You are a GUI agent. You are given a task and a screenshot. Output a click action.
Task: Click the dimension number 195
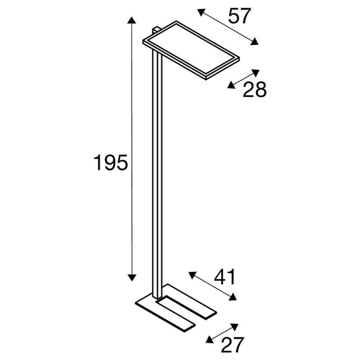(110, 162)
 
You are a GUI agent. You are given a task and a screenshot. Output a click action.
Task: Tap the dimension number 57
(239, 16)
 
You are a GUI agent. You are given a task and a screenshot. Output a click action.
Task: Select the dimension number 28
(255, 89)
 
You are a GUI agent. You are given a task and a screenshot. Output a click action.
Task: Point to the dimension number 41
(225, 277)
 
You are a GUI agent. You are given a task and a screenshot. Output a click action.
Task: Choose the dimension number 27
(232, 345)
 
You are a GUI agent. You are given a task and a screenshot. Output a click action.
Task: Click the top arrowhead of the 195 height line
(131, 20)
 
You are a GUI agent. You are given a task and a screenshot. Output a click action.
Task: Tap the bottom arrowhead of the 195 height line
(131, 278)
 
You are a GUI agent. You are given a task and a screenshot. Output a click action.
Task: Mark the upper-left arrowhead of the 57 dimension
(201, 12)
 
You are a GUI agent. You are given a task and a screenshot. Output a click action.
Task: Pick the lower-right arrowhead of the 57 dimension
(254, 41)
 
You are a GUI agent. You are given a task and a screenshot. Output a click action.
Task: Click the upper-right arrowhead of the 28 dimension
(256, 72)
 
